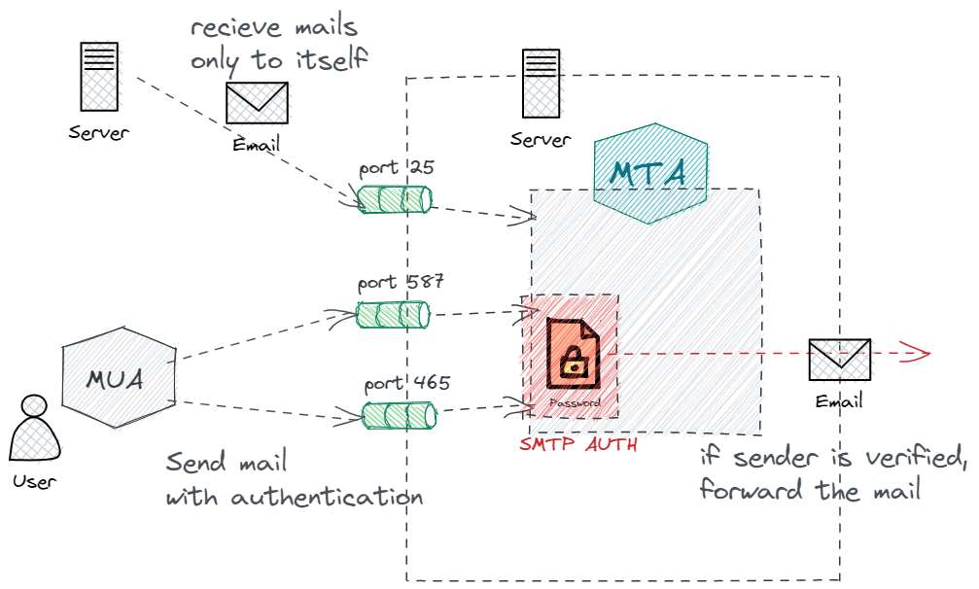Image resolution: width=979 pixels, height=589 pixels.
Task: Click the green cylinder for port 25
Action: (394, 199)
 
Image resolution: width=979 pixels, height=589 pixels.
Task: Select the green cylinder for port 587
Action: (393, 315)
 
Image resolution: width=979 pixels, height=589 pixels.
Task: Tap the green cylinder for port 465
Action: (399, 416)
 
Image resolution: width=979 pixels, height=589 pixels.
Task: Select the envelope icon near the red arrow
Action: (840, 360)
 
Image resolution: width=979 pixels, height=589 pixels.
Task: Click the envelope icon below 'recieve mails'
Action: (257, 103)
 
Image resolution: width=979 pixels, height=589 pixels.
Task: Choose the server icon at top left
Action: (99, 76)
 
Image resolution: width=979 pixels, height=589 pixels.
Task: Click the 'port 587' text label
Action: (401, 283)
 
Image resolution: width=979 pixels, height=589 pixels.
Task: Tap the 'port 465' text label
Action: (406, 383)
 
